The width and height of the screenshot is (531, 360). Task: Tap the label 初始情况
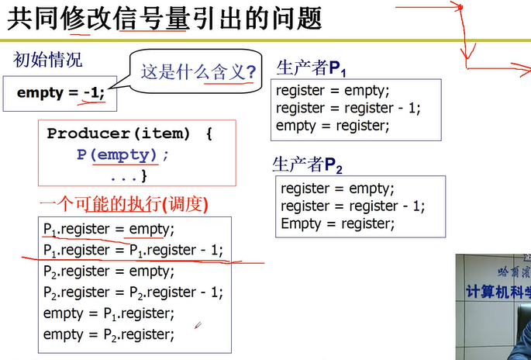pos(48,60)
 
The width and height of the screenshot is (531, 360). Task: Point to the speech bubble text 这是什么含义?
pos(198,74)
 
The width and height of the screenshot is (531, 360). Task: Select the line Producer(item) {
pos(129,133)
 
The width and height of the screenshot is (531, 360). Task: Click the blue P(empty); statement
pos(122,154)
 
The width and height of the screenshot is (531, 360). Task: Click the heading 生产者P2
pos(306,165)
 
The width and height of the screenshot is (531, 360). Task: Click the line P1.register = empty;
pos(109,229)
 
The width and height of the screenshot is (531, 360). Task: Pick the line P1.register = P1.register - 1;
pos(133,250)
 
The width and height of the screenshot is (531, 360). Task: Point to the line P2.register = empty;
pos(109,272)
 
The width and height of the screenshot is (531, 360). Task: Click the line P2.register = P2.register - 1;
pos(133,292)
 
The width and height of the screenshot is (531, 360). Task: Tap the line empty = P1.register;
pos(109,313)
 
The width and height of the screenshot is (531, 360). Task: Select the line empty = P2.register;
pos(109,334)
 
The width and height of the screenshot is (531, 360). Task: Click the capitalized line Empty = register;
pos(337,223)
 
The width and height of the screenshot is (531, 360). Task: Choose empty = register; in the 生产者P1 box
pos(333,125)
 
